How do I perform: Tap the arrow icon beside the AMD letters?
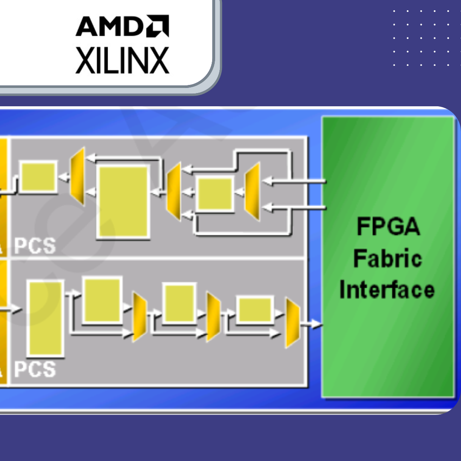(158, 26)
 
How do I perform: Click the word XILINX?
(122, 60)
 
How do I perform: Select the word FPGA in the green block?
(388, 227)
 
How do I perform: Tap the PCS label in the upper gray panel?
(35, 246)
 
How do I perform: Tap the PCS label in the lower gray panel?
(35, 369)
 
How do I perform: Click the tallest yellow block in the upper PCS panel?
(123, 201)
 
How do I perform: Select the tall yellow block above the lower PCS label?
(45, 318)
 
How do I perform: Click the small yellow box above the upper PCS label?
(38, 177)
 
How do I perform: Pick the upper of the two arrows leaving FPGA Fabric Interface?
(295, 182)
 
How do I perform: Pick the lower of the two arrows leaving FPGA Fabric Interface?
(295, 208)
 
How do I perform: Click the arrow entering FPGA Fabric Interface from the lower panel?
(312, 324)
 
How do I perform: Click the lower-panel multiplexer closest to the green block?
(292, 323)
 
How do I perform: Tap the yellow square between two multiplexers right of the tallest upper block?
(215, 194)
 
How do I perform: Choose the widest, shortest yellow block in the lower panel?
(255, 309)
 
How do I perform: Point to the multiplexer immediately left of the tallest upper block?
(77, 176)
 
